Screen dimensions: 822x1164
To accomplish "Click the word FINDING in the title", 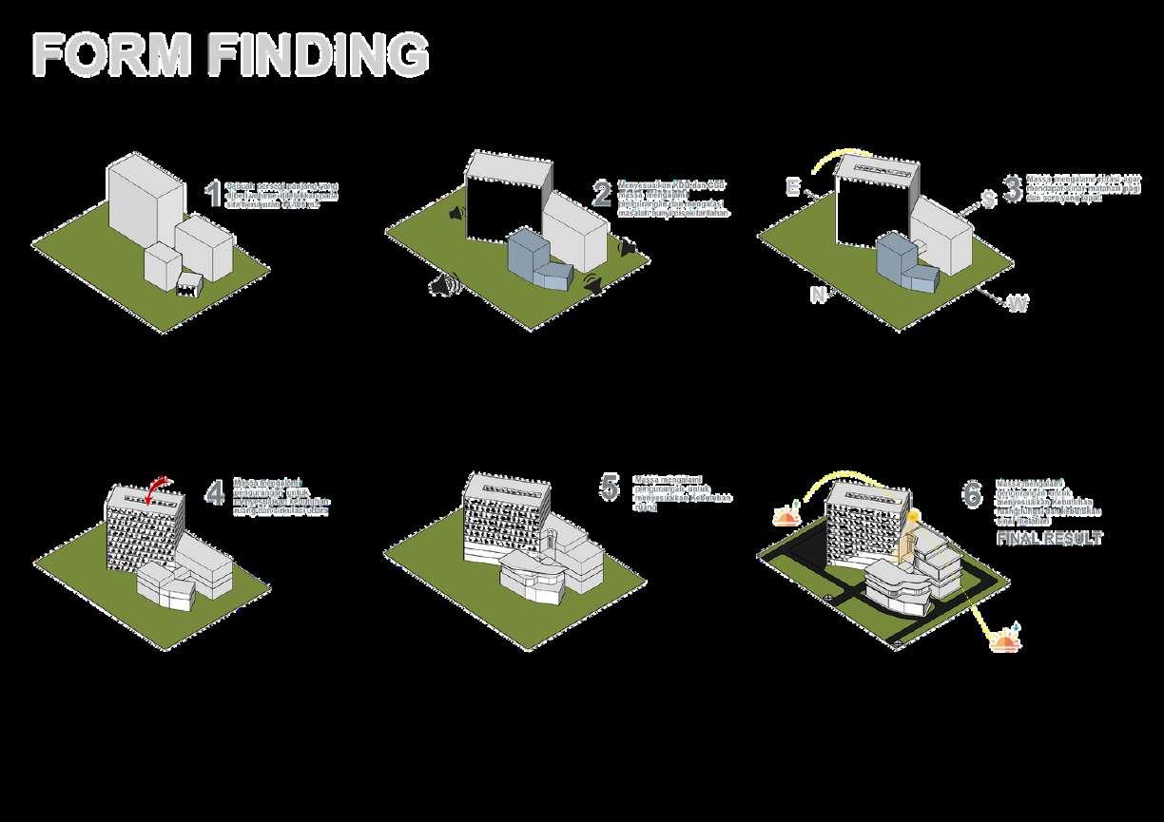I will [319, 55].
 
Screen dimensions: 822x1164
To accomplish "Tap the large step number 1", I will [213, 193].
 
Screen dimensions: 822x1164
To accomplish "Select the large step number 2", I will [602, 193].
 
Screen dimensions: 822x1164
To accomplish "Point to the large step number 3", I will [1011, 188].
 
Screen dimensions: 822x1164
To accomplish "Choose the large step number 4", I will [215, 492].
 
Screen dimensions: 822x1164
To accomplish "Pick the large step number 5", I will [609, 487].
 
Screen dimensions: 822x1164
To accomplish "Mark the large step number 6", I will [971, 494].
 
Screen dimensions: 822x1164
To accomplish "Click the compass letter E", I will [791, 186].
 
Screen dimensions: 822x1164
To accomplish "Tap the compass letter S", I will [989, 200].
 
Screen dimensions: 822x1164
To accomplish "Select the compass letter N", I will [817, 295].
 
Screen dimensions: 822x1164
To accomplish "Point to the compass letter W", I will [1017, 304].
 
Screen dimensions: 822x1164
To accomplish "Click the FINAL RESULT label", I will [1049, 539].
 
